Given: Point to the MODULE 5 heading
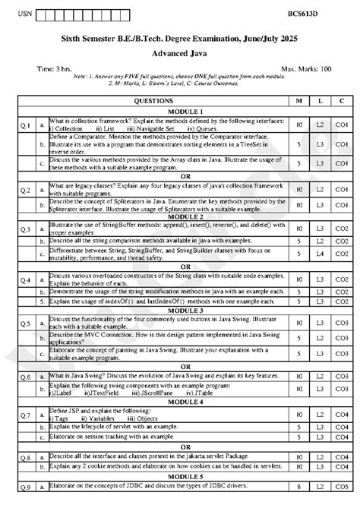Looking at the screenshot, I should (180, 475).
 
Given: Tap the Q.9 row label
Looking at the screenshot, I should (25, 486).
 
